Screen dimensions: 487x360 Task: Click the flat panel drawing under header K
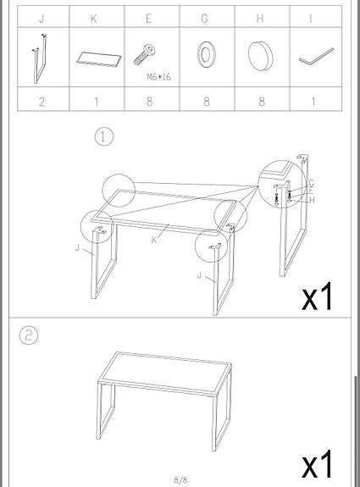click(95, 58)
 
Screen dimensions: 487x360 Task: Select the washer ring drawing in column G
click(204, 57)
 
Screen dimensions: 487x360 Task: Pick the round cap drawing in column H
click(259, 56)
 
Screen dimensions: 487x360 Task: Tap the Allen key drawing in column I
click(314, 59)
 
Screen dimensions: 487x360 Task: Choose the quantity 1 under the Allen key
click(314, 101)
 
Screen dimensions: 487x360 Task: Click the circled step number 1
click(104, 137)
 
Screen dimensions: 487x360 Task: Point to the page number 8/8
click(180, 479)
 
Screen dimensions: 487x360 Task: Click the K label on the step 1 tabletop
click(153, 240)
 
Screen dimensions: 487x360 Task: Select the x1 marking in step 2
click(318, 465)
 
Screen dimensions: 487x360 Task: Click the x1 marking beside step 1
click(318, 296)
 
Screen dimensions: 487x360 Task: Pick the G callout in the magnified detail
click(312, 183)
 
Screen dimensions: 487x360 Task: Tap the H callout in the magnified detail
click(312, 200)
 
